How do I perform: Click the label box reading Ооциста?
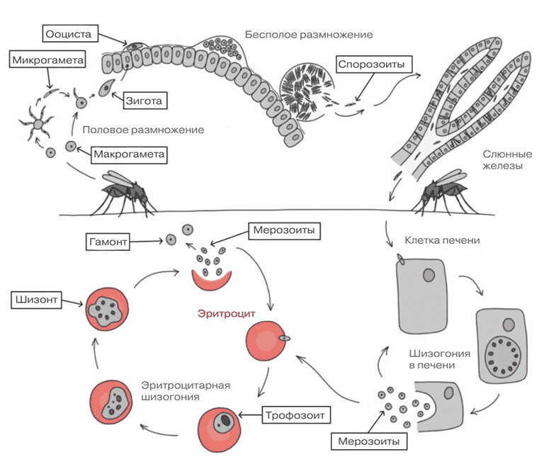[x=70, y=34]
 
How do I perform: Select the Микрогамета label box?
[x=47, y=60]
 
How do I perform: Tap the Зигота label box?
[x=145, y=101]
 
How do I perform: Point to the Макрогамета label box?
[x=129, y=154]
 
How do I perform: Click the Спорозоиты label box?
[x=374, y=64]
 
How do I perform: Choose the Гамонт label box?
[x=108, y=241]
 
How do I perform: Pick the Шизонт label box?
[x=36, y=300]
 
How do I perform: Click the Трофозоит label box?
[x=296, y=414]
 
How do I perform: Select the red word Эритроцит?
[x=226, y=314]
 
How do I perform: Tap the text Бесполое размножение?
[x=309, y=35]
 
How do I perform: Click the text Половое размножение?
[x=143, y=130]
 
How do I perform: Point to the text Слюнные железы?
[x=507, y=159]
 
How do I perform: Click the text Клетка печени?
[x=442, y=240]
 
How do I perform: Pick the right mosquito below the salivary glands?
[x=445, y=192]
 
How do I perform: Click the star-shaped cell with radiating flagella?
[x=38, y=123]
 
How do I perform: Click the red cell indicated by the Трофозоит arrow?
[x=220, y=429]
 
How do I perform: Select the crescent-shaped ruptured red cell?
[x=211, y=281]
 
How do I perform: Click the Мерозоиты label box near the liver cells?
[x=369, y=441]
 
